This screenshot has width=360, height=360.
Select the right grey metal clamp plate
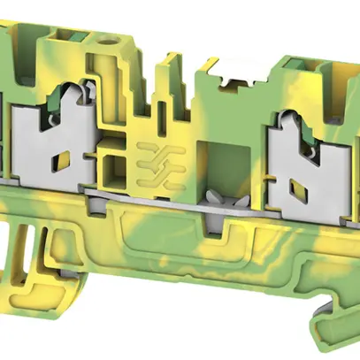(x=296, y=146)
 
